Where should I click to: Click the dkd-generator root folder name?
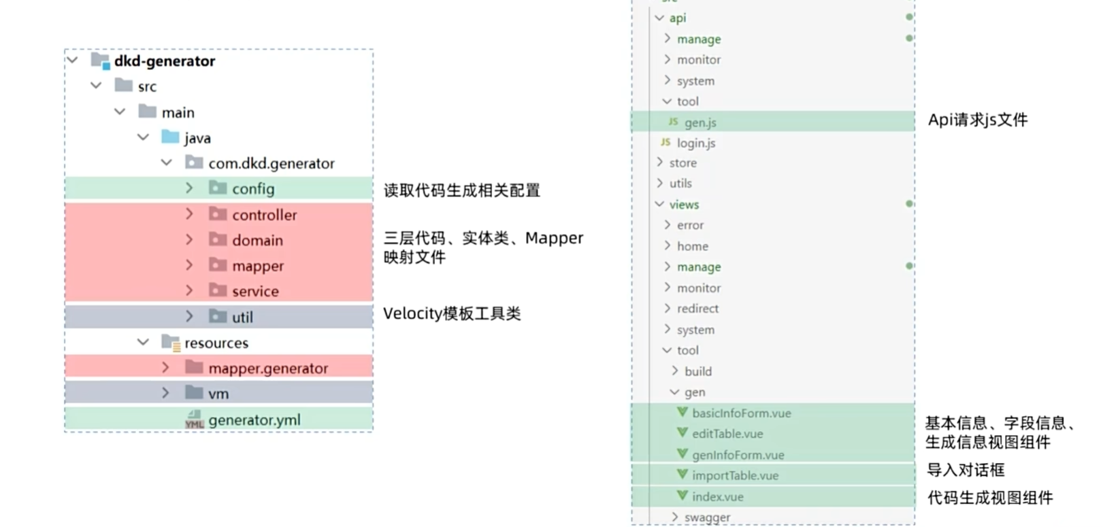point(164,61)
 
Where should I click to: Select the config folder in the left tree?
point(252,189)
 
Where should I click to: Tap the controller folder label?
point(264,215)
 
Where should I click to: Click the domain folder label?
point(257,241)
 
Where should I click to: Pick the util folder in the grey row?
point(242,317)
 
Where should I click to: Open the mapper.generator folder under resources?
point(268,369)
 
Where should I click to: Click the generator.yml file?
point(254,420)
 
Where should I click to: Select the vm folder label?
point(218,394)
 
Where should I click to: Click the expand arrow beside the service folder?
point(190,291)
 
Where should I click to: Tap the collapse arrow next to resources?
point(143,342)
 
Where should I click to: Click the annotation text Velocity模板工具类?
point(452,313)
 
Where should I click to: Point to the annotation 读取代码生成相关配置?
point(461,190)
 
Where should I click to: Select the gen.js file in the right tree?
point(700,122)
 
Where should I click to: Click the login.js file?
point(695,143)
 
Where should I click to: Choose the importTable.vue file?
point(735,475)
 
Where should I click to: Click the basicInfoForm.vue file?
point(741,413)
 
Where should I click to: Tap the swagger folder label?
point(707,517)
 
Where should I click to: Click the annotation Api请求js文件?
point(978,120)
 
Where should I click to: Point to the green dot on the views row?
point(909,204)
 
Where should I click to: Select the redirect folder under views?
point(697,309)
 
